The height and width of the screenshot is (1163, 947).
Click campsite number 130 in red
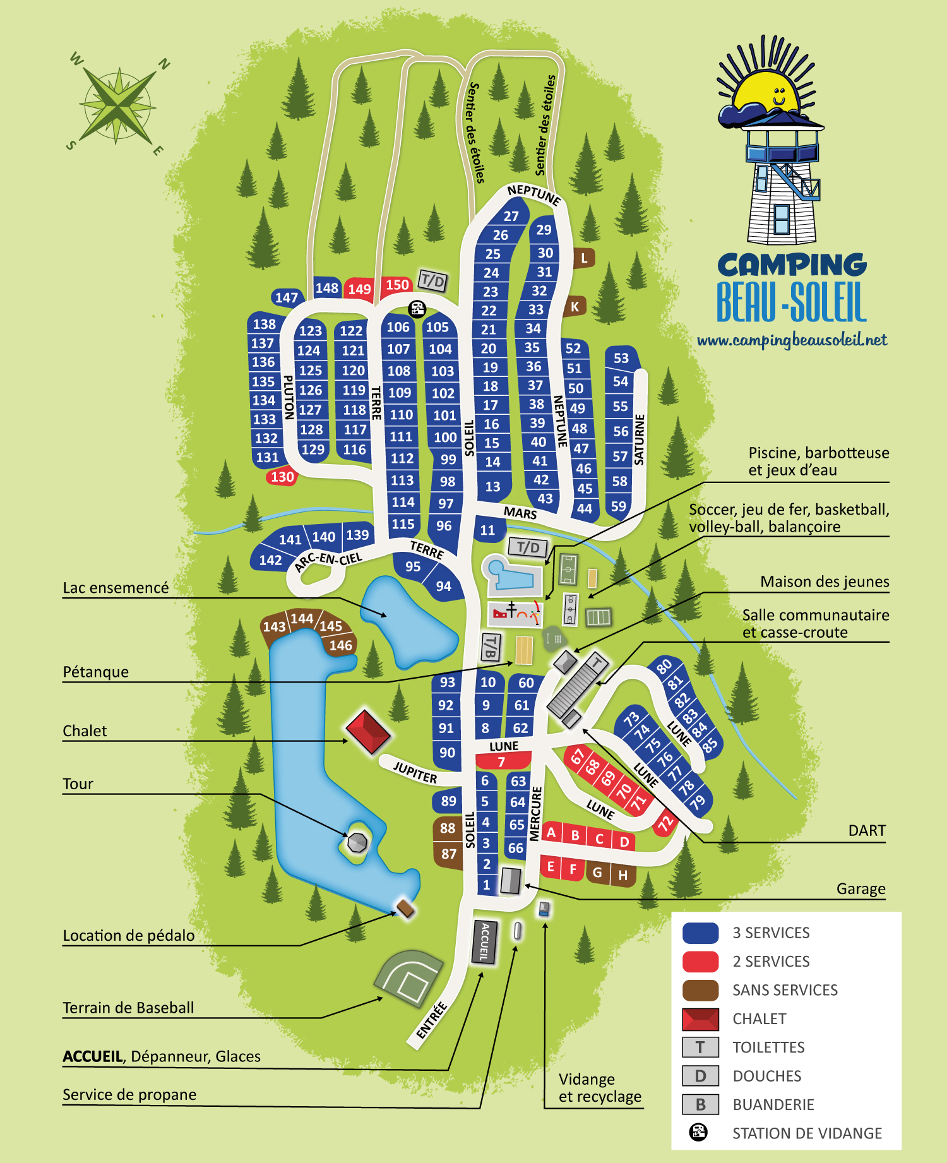[x=282, y=477]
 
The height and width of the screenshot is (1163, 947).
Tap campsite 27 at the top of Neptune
[x=511, y=216]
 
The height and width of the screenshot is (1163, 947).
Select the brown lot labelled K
[x=575, y=307]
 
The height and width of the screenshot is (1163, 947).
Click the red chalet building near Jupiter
[x=368, y=732]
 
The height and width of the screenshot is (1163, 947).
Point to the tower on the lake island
[x=357, y=842]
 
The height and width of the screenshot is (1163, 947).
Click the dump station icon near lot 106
[x=417, y=309]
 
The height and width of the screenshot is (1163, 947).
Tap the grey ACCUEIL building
[x=485, y=942]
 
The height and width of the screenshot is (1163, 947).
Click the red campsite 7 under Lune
[x=502, y=761]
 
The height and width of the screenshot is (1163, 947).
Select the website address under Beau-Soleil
[x=792, y=341]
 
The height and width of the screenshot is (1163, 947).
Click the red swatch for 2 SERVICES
[x=700, y=961]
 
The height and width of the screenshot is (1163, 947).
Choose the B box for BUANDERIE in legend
[x=700, y=1104]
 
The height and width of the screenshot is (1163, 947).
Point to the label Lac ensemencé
[x=116, y=588]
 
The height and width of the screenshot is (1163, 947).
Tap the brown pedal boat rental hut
[x=405, y=909]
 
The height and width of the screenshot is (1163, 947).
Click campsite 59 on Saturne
[x=619, y=506]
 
